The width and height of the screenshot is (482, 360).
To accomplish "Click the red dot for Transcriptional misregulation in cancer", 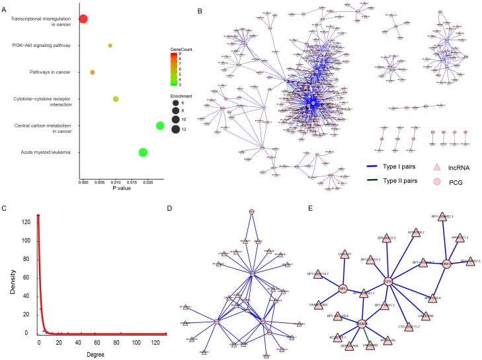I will (83, 18).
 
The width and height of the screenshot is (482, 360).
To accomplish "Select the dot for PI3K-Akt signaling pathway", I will (110, 46).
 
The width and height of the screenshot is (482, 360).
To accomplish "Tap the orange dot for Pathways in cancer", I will (93, 72).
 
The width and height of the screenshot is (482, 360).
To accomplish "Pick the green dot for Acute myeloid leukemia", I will (143, 153).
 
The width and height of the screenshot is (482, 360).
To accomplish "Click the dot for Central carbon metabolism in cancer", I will (160, 126).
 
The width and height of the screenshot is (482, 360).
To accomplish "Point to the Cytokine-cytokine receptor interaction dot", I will (116, 99).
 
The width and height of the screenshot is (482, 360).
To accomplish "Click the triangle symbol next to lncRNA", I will (436, 166).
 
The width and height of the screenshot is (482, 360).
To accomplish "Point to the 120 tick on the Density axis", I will (32, 223).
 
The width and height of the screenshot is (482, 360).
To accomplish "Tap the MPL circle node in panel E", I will (342, 288).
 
